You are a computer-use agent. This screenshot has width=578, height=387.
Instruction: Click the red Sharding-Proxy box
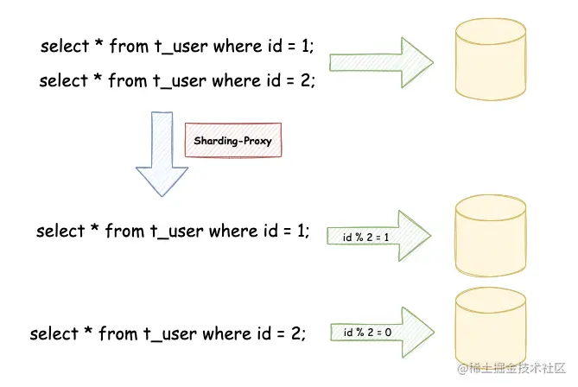(x=233, y=140)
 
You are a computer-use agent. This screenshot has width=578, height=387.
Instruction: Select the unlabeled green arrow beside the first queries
(x=380, y=62)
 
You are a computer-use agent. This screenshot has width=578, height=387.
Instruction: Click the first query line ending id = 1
(x=177, y=45)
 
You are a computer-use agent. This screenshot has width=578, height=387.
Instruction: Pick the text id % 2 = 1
(x=367, y=236)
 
